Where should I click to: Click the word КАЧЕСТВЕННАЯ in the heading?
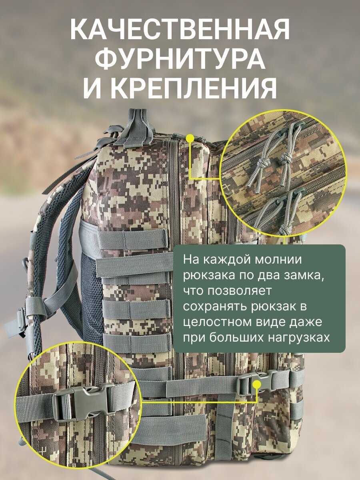180,29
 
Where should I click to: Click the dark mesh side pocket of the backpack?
92,282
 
